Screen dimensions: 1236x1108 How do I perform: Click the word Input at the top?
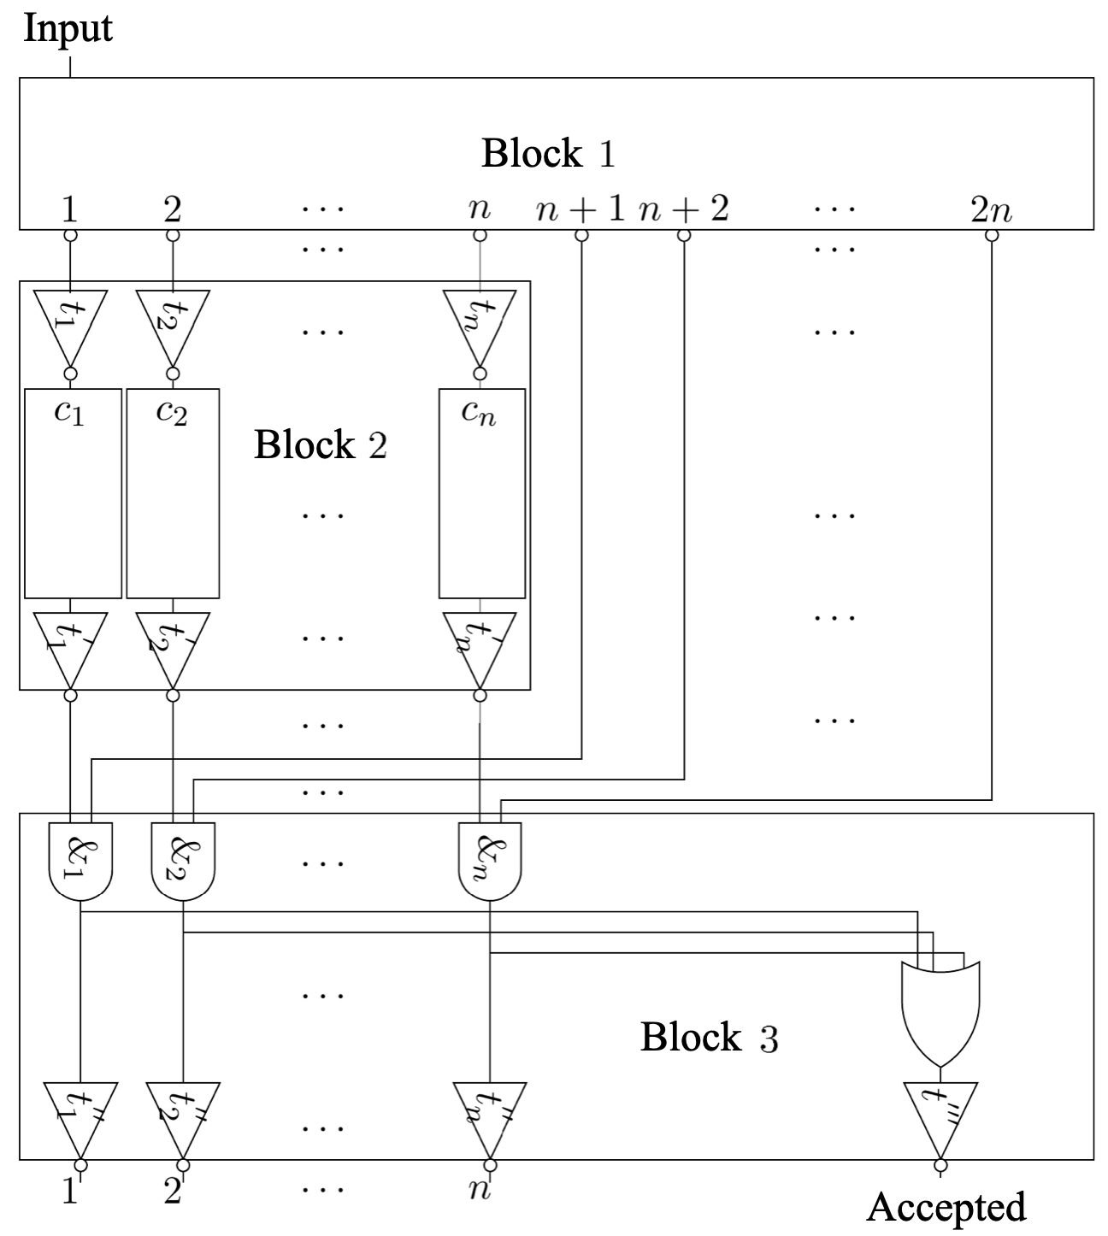(x=67, y=28)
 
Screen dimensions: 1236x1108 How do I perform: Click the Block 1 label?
(x=548, y=154)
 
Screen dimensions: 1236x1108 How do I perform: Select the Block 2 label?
(x=320, y=445)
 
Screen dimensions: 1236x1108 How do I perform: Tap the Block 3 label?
(x=709, y=1038)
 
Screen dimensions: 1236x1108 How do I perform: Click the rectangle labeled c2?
(x=173, y=494)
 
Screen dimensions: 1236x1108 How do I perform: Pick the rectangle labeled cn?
(x=481, y=494)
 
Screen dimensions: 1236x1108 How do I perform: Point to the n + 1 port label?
(x=581, y=209)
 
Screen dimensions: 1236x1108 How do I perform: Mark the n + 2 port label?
(x=683, y=209)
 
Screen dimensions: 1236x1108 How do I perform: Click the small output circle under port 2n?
(x=992, y=236)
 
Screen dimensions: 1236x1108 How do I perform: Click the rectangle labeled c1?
(x=73, y=494)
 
